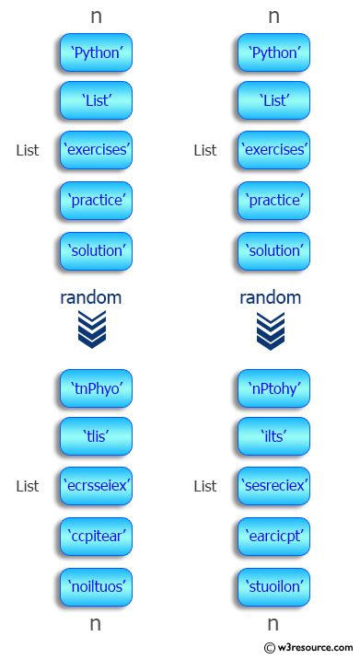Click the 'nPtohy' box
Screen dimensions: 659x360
[274, 387]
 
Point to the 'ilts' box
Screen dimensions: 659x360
[274, 437]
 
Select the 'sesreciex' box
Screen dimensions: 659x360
[274, 485]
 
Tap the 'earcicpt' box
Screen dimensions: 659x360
[274, 535]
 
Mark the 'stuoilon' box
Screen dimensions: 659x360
[274, 584]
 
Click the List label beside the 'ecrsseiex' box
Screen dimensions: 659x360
[28, 486]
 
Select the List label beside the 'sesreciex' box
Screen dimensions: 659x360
[205, 486]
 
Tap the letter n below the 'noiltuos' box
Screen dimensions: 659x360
[95, 623]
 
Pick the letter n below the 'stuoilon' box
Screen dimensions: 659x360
[273, 623]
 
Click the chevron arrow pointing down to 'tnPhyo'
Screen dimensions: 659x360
[92, 330]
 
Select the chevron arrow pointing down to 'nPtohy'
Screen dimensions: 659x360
[271, 330]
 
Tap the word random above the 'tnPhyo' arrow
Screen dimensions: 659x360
[91, 297]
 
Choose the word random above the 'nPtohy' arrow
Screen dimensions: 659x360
[270, 297]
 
